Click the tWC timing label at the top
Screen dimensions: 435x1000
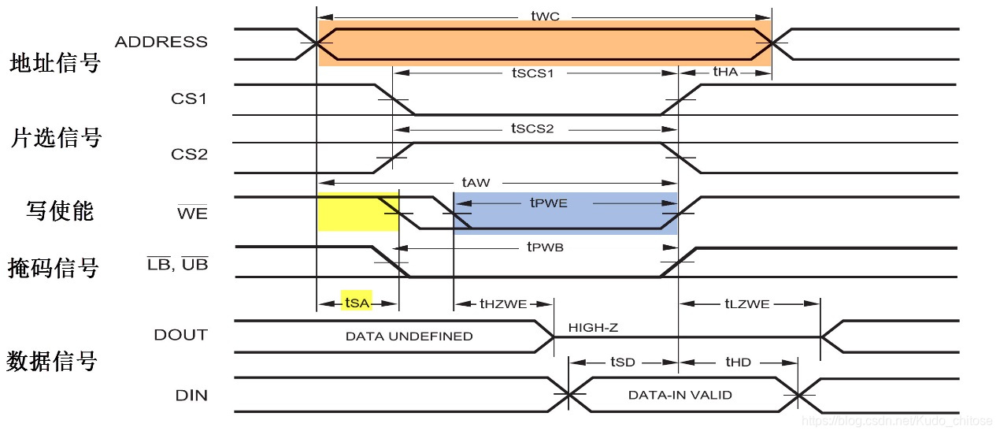click(544, 16)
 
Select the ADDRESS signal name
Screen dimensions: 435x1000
click(161, 42)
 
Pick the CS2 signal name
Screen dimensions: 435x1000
click(189, 154)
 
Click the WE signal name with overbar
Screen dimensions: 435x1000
click(192, 212)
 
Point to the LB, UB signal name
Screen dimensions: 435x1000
click(178, 265)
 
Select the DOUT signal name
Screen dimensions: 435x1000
click(181, 335)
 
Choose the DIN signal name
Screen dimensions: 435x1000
click(191, 395)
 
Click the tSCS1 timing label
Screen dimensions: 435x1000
click(533, 72)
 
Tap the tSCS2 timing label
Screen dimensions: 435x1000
click(533, 128)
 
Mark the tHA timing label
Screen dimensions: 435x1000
click(725, 72)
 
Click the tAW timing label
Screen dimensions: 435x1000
click(476, 183)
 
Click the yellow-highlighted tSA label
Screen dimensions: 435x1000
click(357, 302)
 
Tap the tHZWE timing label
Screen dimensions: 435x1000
click(503, 303)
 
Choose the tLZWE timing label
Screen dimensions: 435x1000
click(746, 303)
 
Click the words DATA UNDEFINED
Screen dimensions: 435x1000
click(409, 336)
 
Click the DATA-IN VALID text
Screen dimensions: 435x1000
click(680, 395)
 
